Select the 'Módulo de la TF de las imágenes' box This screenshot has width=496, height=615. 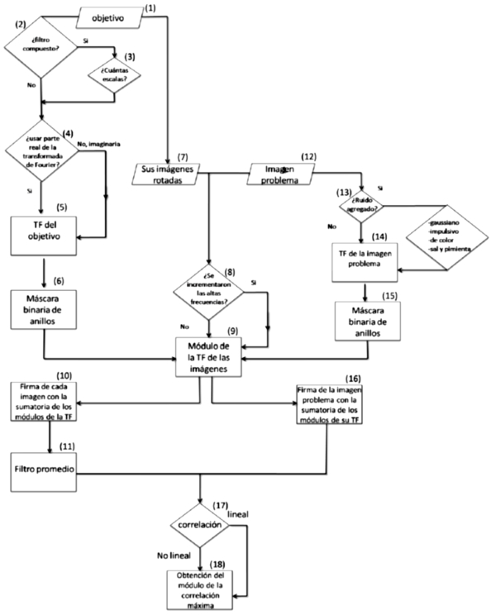click(212, 355)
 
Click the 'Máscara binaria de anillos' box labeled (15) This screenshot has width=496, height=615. click(365, 322)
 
